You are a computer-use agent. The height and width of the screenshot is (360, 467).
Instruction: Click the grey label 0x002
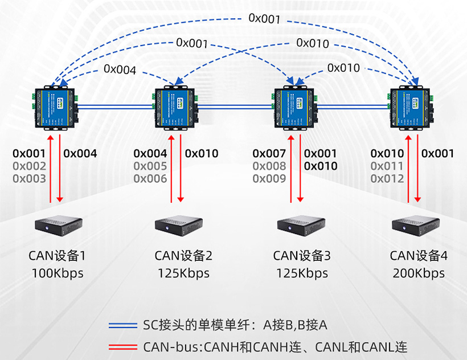29,166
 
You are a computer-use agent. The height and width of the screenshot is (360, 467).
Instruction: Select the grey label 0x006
150,179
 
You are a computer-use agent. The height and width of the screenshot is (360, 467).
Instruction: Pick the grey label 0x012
387,179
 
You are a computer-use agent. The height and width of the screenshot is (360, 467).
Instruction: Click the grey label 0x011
387,166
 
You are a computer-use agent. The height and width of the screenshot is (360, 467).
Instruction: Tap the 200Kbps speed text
419,273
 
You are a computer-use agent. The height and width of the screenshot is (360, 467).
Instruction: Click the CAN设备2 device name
183,256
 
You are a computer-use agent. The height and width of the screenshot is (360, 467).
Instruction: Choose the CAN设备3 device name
302,256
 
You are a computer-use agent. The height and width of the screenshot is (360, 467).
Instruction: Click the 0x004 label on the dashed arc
120,70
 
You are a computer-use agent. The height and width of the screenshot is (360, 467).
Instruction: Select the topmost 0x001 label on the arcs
264,19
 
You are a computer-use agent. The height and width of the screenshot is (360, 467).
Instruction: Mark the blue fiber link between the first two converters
116,106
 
